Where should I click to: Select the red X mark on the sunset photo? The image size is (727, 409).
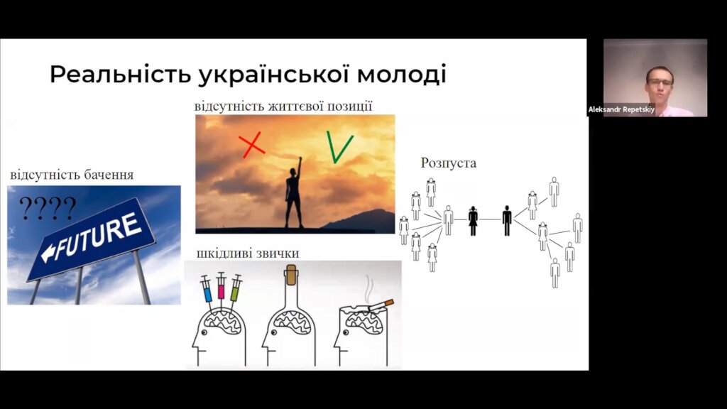pos(252,145)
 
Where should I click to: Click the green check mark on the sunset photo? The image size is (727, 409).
pos(339,147)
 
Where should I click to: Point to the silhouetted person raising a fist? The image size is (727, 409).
pos(294,195)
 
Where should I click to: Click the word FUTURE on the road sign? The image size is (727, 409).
pos(98,236)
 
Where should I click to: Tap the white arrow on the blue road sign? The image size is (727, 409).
pos(49,253)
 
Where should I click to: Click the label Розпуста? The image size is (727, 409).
pos(449,163)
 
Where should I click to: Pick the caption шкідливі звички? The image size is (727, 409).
pos(248,253)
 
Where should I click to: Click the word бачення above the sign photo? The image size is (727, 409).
pos(109,175)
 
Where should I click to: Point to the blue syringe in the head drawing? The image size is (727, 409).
pos(207,290)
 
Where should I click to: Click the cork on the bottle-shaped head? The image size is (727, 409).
pos(291,275)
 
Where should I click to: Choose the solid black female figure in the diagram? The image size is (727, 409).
pos(473,221)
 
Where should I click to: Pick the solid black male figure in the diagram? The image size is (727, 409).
pos(507,221)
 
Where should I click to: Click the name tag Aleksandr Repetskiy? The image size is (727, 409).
pos(621,110)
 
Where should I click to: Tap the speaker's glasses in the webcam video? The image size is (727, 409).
pos(660,82)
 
